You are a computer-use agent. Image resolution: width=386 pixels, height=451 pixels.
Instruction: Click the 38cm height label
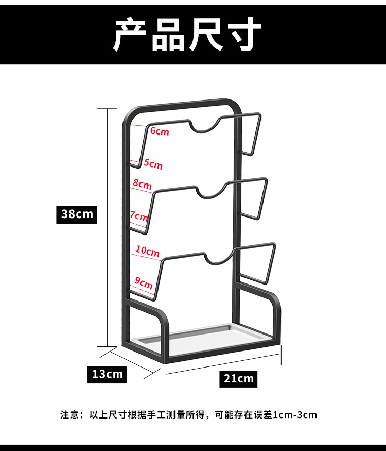[77, 214]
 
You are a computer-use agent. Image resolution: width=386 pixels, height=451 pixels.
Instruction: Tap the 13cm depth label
[107, 374]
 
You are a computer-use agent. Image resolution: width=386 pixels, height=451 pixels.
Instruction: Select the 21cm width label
[239, 379]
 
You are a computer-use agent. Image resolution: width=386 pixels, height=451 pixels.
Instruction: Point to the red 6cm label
[160, 131]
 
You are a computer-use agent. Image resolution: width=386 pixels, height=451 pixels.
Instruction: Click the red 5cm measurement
[153, 164]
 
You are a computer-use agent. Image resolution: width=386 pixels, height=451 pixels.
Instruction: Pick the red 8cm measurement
[142, 184]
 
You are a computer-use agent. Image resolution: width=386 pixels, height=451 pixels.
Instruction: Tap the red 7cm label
[139, 216]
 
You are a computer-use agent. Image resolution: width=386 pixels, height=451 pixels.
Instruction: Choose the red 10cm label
[148, 252]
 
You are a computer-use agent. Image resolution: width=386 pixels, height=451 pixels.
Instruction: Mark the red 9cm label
[144, 283]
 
